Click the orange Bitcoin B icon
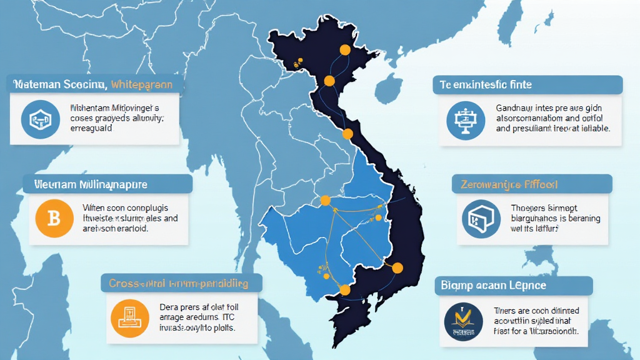click(54, 219)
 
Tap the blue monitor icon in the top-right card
click(466, 120)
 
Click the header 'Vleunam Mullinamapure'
click(86, 185)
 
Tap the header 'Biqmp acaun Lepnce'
click(493, 286)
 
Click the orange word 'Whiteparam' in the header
click(147, 84)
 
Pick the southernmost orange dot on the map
click(344, 289)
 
